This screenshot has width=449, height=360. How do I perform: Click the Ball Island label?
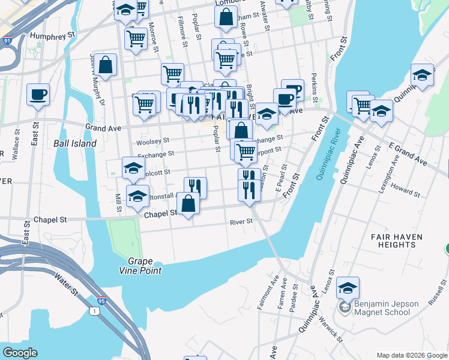click(x=74, y=143)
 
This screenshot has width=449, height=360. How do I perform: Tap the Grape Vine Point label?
click(x=145, y=266)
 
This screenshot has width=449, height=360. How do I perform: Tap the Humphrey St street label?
click(x=55, y=35)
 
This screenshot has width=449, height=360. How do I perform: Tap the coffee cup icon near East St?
click(x=38, y=94)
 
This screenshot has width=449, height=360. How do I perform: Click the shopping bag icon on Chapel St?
click(x=188, y=202)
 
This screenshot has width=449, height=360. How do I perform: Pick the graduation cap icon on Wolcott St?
click(x=133, y=168)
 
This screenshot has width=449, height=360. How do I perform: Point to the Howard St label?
click(x=406, y=191)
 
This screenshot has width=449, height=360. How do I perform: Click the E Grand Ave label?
click(x=408, y=155)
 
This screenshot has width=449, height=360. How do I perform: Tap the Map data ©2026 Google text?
click(x=411, y=355)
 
